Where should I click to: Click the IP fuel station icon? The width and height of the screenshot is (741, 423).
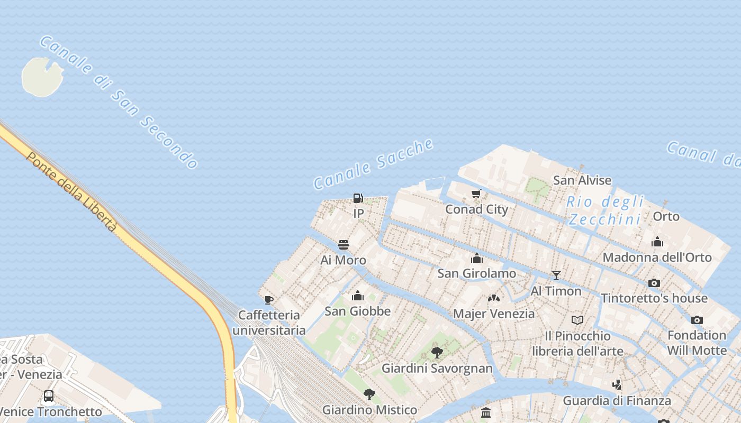click(358, 199)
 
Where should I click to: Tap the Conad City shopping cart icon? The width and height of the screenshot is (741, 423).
click(476, 194)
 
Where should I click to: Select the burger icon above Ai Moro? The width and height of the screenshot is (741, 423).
click(344, 245)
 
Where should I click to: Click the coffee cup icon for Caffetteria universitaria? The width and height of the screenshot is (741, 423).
click(269, 300)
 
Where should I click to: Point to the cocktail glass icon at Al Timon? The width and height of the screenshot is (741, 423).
click(556, 275)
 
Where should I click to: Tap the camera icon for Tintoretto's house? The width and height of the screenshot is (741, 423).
click(654, 283)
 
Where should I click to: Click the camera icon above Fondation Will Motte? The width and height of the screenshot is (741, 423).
click(697, 320)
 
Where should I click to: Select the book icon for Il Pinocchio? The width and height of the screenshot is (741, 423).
click(577, 320)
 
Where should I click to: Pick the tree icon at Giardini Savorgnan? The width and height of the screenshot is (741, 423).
click(437, 353)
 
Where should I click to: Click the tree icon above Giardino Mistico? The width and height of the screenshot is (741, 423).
click(369, 394)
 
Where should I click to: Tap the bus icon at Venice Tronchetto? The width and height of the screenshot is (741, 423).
click(49, 396)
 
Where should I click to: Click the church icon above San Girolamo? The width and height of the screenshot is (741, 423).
click(477, 258)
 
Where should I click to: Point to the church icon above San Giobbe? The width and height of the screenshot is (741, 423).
click(358, 296)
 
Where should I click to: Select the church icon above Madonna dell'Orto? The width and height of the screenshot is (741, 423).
click(657, 242)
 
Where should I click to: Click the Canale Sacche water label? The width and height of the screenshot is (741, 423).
click(374, 163)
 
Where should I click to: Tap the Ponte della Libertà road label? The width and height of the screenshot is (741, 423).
click(71, 192)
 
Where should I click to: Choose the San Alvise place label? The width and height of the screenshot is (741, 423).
click(582, 180)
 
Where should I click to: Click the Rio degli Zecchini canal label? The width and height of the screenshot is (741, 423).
click(606, 210)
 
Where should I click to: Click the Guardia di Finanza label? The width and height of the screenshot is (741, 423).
click(617, 401)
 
